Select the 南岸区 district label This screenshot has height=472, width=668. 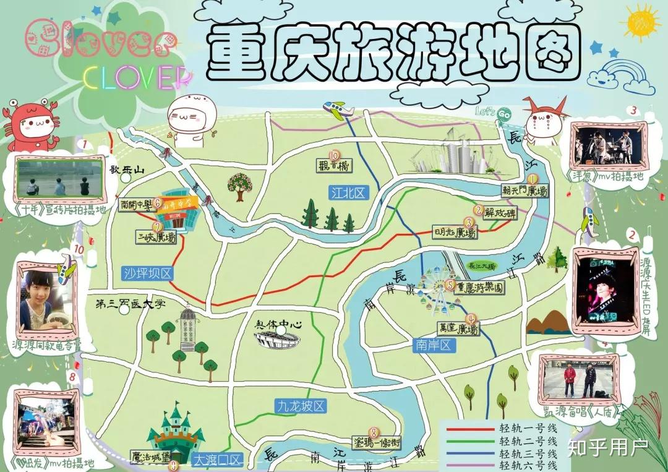tap(434, 346)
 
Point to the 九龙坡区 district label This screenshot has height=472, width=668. tap(301, 406)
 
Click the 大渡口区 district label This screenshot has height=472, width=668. tap(217, 460)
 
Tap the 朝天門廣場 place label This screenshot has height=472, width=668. tap(525, 192)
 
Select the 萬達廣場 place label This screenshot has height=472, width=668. tap(458, 330)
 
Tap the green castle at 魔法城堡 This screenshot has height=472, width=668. tap(176, 430)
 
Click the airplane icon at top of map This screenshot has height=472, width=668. tap(338, 111)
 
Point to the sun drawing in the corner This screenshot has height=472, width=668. tap(641, 25)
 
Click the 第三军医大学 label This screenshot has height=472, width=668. tap(131, 304)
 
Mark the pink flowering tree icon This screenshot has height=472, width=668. tap(239, 184)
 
